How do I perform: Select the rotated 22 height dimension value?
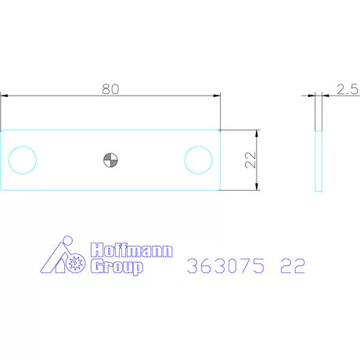pos(250,160)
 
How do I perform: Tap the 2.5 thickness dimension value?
pos(347,90)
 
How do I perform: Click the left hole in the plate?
pos(22,160)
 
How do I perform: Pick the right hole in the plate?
pos(199,160)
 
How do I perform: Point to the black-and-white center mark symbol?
pos(110,160)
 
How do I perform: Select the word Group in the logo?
pos(117,268)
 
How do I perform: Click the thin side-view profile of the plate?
pos(318,160)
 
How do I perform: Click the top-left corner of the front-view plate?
pos(1,130)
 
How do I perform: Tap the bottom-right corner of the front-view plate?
pos(221,189)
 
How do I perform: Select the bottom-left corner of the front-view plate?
pos(1,189)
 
